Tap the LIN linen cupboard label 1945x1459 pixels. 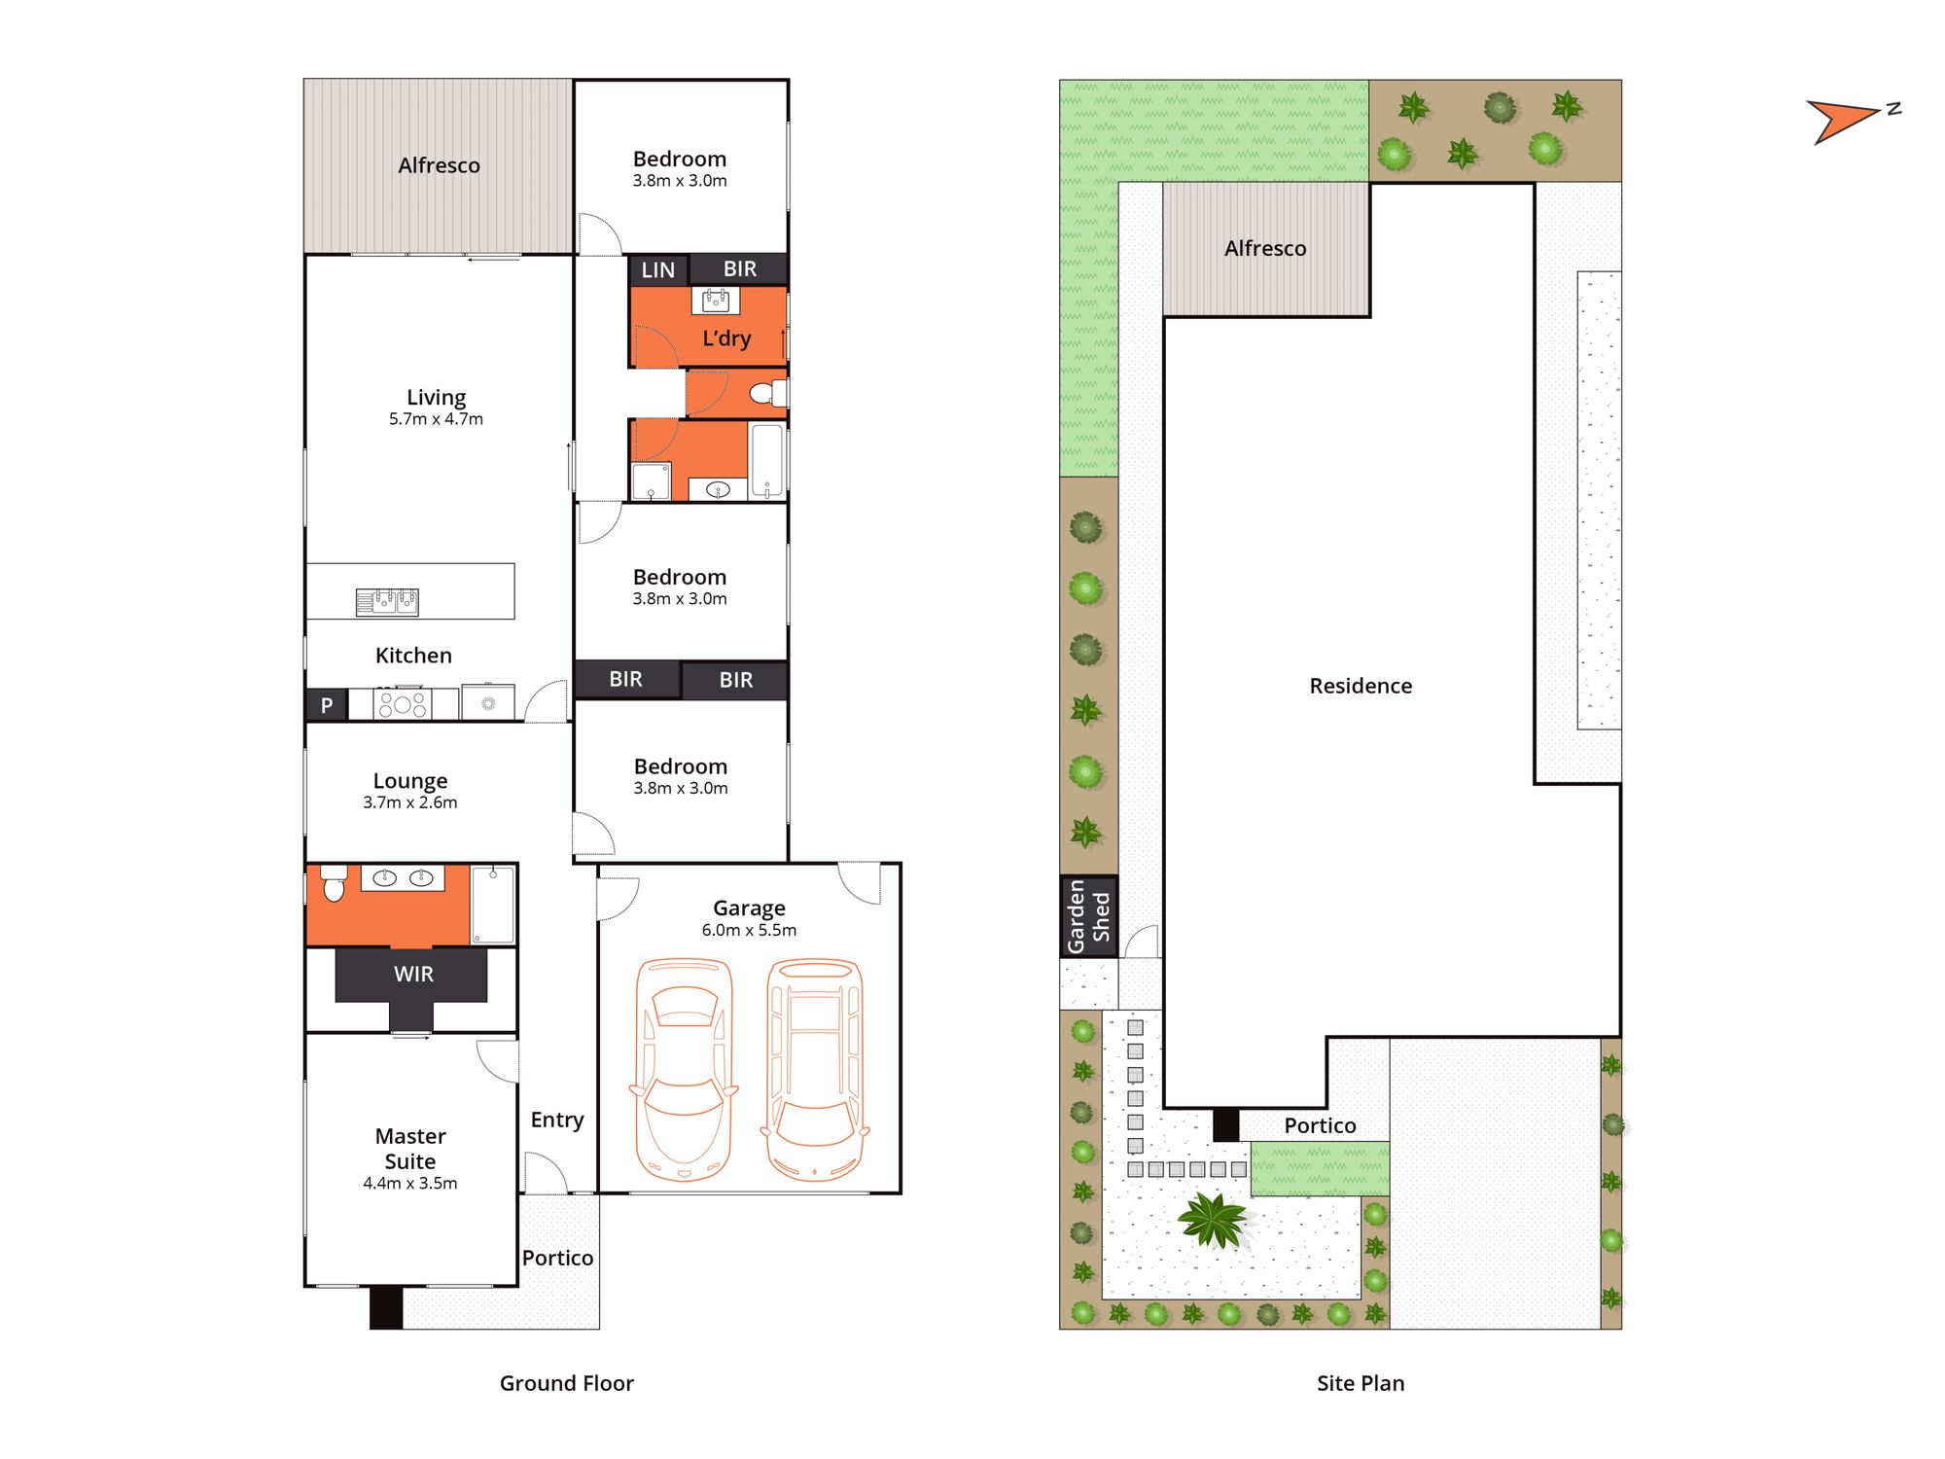[x=658, y=270]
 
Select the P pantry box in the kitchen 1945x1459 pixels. [x=327, y=705]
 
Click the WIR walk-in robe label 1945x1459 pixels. [x=413, y=974]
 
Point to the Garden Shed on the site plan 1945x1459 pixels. [x=1088, y=916]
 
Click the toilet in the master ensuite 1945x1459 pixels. [x=334, y=882]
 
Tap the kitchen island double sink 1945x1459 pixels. [x=387, y=602]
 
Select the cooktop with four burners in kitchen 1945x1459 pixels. [x=403, y=703]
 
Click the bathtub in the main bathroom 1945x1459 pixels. [x=766, y=460]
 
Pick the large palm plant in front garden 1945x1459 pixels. [x=1213, y=1219]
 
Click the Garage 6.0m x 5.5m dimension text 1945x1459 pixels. [x=749, y=930]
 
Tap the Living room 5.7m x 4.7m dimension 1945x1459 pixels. [x=436, y=419]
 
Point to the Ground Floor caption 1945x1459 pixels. [x=566, y=1383]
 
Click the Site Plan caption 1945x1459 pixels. [x=1361, y=1383]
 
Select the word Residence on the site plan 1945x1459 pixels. [x=1361, y=686]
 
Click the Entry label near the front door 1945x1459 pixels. [x=557, y=1121]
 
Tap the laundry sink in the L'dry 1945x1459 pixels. [x=715, y=301]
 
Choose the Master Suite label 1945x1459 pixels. [x=410, y=1149]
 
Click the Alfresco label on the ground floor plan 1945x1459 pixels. [x=439, y=165]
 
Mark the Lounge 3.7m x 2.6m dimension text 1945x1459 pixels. [x=410, y=802]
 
